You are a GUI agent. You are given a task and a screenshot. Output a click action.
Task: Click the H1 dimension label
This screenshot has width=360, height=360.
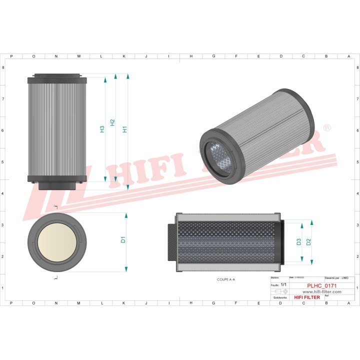(125, 128)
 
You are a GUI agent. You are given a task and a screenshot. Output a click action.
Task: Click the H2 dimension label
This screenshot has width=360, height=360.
(112, 122)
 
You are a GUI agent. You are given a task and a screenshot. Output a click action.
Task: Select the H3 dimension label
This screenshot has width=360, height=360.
(102, 129)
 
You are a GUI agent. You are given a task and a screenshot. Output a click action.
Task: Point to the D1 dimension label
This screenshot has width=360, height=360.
(123, 239)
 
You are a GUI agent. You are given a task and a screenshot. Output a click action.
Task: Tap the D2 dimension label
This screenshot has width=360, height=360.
(308, 242)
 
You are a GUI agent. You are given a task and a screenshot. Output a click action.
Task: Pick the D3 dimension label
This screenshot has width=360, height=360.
(299, 242)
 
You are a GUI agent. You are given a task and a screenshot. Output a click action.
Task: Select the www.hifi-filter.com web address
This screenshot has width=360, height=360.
(321, 291)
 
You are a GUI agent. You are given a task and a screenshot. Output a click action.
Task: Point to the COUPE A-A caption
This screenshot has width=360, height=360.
(225, 279)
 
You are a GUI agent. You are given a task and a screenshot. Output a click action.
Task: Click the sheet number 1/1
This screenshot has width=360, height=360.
(283, 284)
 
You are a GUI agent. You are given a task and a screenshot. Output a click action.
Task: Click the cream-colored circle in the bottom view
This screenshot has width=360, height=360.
(56, 242)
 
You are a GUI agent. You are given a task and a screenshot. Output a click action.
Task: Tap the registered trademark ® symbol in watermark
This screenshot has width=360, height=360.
(327, 128)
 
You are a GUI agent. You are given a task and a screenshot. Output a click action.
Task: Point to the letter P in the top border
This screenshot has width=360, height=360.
(11, 56)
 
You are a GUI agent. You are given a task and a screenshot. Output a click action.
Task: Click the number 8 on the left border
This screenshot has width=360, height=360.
(4, 67)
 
